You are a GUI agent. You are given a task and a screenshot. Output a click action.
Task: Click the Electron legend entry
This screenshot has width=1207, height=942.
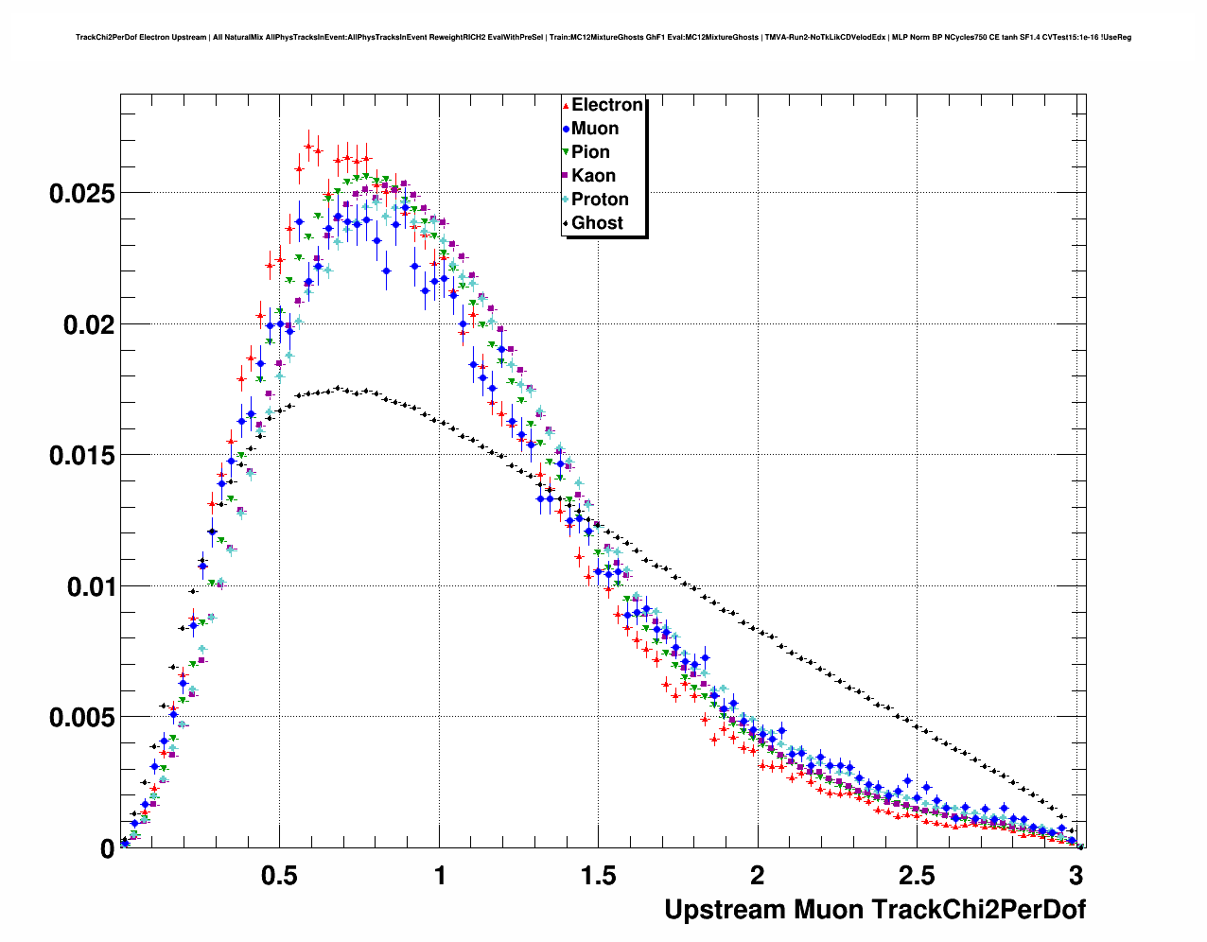[x=606, y=105]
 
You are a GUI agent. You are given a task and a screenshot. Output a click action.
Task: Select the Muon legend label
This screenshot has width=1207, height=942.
[x=595, y=129]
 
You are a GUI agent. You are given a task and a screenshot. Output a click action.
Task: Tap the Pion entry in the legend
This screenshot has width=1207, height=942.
[x=590, y=152]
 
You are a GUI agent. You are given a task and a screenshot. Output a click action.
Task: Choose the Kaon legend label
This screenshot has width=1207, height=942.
[x=593, y=176]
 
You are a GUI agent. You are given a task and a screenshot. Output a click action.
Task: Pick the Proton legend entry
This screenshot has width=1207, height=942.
[x=600, y=200]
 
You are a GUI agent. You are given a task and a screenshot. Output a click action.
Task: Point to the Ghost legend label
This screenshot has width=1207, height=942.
[x=597, y=223]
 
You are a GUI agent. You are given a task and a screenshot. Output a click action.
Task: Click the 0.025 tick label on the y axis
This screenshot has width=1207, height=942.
[x=81, y=194]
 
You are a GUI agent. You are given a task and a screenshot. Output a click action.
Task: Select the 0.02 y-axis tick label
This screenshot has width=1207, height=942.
[x=88, y=324]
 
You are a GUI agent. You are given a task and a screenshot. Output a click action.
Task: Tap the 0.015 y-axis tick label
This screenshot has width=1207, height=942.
[x=81, y=456]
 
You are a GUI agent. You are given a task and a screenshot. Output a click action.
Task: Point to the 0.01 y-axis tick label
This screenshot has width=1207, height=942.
[x=88, y=587]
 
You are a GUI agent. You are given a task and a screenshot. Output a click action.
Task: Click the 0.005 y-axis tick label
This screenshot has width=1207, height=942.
[x=81, y=718]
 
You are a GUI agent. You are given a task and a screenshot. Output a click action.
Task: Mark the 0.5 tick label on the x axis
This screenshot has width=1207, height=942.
[x=279, y=875]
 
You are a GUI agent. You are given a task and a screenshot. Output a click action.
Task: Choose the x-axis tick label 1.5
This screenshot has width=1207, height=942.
[x=598, y=875]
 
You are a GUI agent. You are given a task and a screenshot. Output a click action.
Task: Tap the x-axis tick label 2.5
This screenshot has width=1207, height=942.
[x=917, y=875]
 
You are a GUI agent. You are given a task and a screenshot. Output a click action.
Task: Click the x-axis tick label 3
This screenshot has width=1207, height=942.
[x=1076, y=875]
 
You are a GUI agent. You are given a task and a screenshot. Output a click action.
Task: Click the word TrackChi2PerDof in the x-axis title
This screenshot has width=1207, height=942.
[x=977, y=910]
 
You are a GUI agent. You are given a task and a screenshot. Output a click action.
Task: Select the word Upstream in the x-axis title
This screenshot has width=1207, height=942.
[x=725, y=910]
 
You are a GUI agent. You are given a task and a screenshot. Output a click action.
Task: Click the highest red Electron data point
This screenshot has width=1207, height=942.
[x=308, y=146]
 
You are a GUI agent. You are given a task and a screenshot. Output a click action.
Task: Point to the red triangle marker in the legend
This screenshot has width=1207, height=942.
[x=566, y=106]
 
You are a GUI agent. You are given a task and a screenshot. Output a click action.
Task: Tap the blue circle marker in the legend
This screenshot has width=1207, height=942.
[x=566, y=130]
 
